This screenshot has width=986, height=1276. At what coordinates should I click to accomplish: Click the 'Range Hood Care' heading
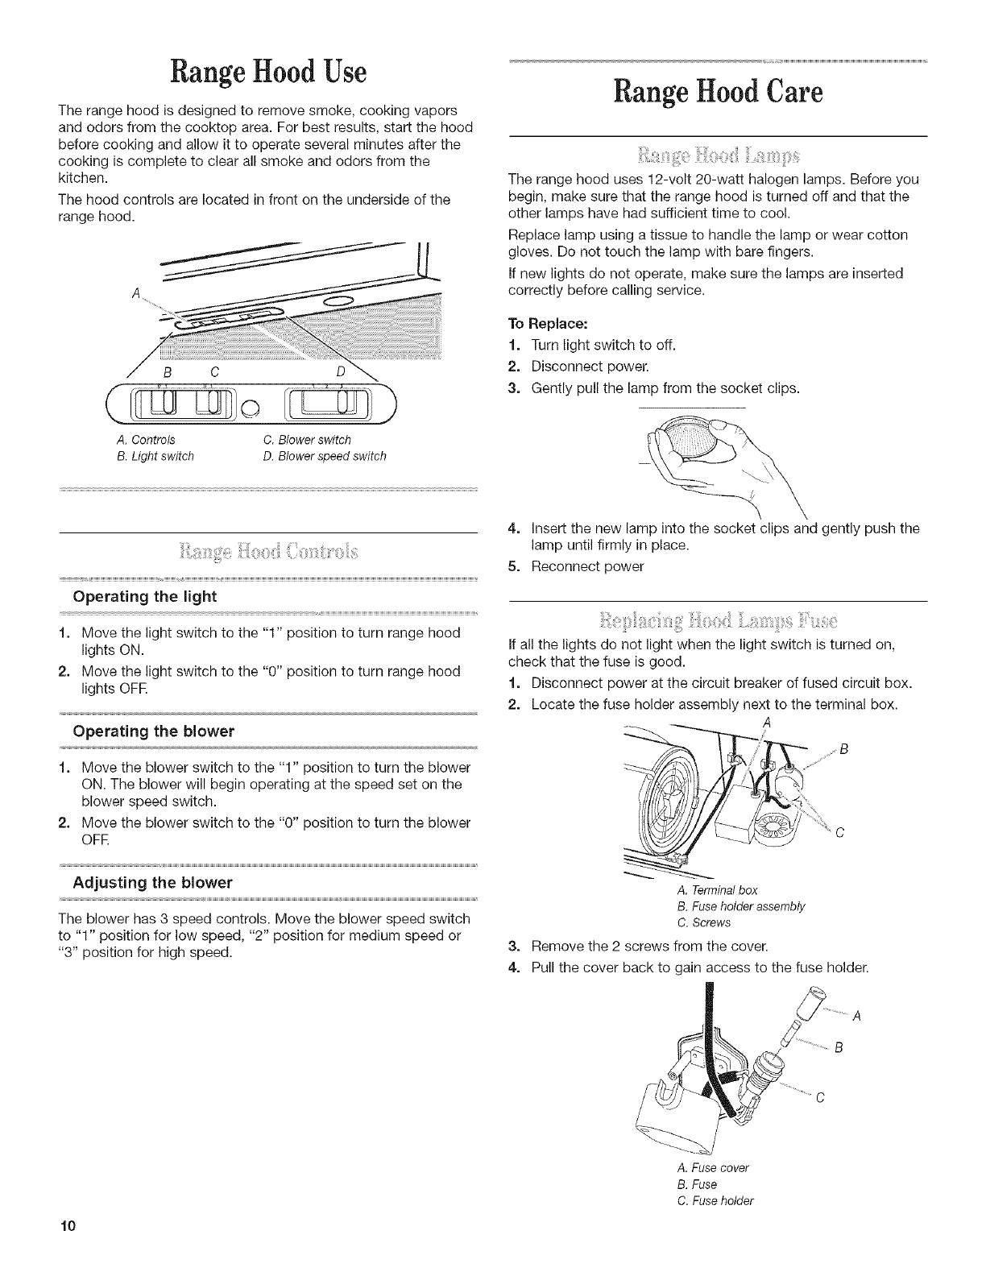click(x=719, y=93)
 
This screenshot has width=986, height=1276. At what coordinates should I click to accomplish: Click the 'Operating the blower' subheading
click(x=153, y=731)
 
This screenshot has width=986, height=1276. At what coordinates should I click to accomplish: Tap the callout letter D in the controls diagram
click(x=342, y=372)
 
